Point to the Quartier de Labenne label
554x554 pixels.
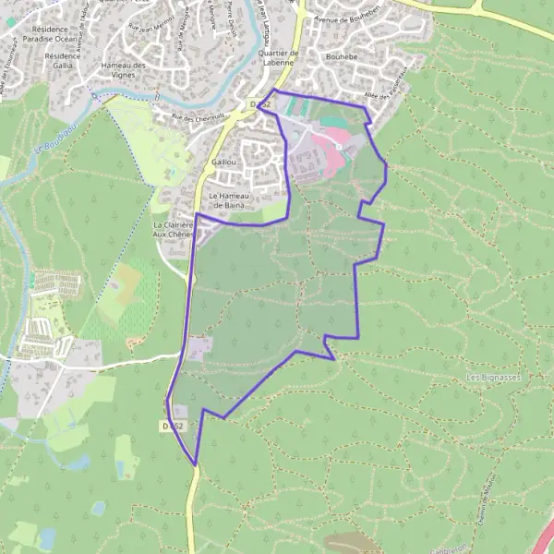coord(278,58)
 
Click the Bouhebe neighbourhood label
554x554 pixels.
coord(342,56)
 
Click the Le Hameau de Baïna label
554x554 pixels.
coord(227,200)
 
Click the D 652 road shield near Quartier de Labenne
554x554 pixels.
coord(259,106)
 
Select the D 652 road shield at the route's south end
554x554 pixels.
coord(173,426)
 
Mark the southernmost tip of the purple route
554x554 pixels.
coord(195,464)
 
